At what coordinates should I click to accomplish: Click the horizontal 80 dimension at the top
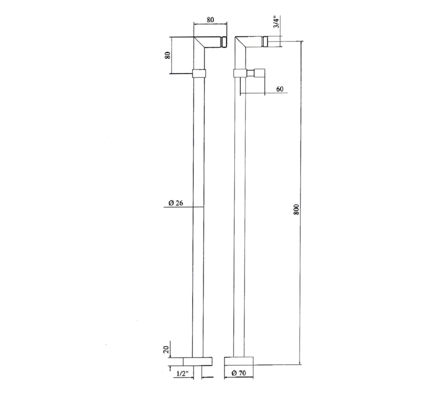click(x=210, y=20)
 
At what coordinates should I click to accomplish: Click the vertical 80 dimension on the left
click(x=168, y=55)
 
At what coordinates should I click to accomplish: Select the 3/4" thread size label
click(x=276, y=22)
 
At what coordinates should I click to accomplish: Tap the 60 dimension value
click(x=280, y=89)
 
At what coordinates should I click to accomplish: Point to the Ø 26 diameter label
click(x=176, y=203)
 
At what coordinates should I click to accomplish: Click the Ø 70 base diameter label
click(x=239, y=373)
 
